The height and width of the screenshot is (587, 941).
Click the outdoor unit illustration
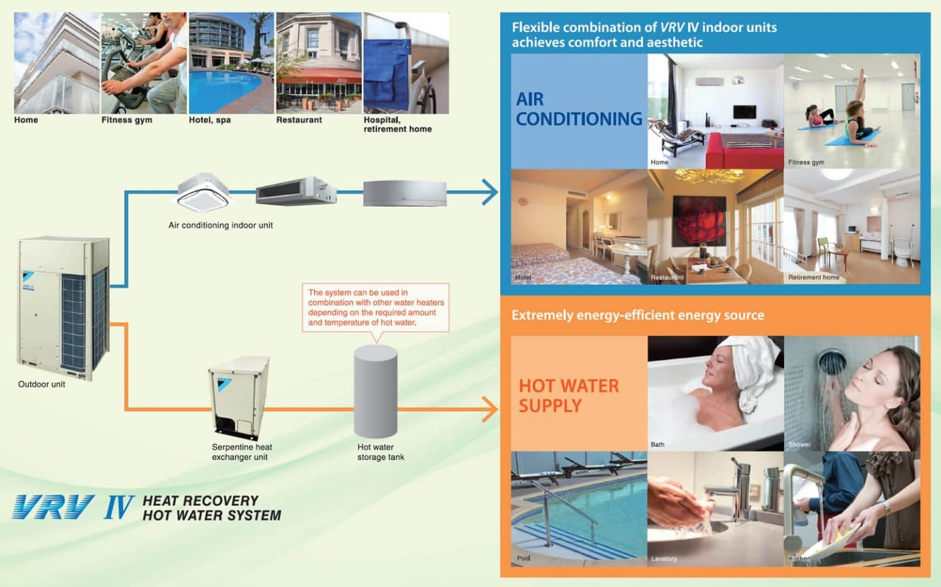click(63, 307)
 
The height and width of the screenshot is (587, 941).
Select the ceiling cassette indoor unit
click(203, 193)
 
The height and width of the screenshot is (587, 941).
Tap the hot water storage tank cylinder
click(375, 392)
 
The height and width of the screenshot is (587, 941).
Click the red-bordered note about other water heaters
click(375, 307)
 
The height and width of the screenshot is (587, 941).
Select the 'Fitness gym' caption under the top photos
click(127, 120)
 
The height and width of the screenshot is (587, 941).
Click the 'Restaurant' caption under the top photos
click(299, 120)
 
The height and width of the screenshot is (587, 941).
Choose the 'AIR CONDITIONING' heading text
click(578, 109)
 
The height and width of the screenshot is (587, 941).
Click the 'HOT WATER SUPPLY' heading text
click(569, 395)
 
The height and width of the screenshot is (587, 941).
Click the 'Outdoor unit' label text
click(42, 384)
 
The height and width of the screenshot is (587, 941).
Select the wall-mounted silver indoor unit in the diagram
click(404, 193)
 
